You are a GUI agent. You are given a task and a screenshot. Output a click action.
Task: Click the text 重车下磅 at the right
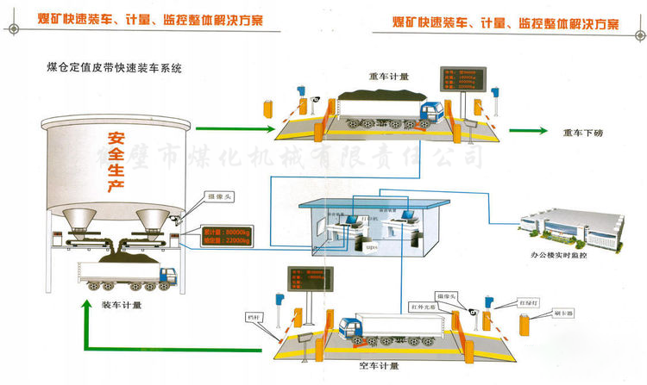click(584, 132)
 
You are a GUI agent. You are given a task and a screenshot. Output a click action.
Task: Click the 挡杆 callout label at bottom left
click(252, 315)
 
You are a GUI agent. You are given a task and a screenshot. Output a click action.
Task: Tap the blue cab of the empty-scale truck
click(351, 328)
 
